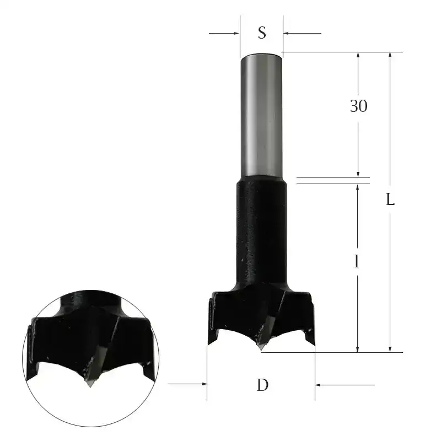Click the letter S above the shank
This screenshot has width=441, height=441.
click(x=262, y=33)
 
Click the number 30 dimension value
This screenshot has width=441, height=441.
click(x=358, y=106)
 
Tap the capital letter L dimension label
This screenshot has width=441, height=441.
click(x=390, y=200)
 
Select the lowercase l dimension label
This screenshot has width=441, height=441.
click(x=357, y=262)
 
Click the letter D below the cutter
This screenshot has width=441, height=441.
click(x=262, y=385)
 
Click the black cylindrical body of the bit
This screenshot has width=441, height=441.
click(x=262, y=232)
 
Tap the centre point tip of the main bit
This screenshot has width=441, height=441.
click(x=261, y=349)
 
